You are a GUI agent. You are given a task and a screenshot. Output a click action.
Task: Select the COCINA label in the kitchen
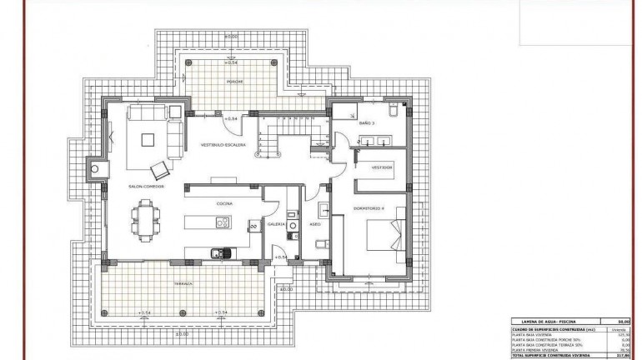(224, 202)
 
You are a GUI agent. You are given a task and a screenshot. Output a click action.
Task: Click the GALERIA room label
(277, 224)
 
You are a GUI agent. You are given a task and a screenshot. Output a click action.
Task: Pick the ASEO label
(315, 224)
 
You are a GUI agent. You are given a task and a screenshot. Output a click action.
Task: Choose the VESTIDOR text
(381, 167)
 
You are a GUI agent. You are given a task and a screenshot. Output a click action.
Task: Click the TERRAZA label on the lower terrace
(183, 284)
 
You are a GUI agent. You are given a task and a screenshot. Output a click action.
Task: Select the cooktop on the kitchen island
(223, 222)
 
